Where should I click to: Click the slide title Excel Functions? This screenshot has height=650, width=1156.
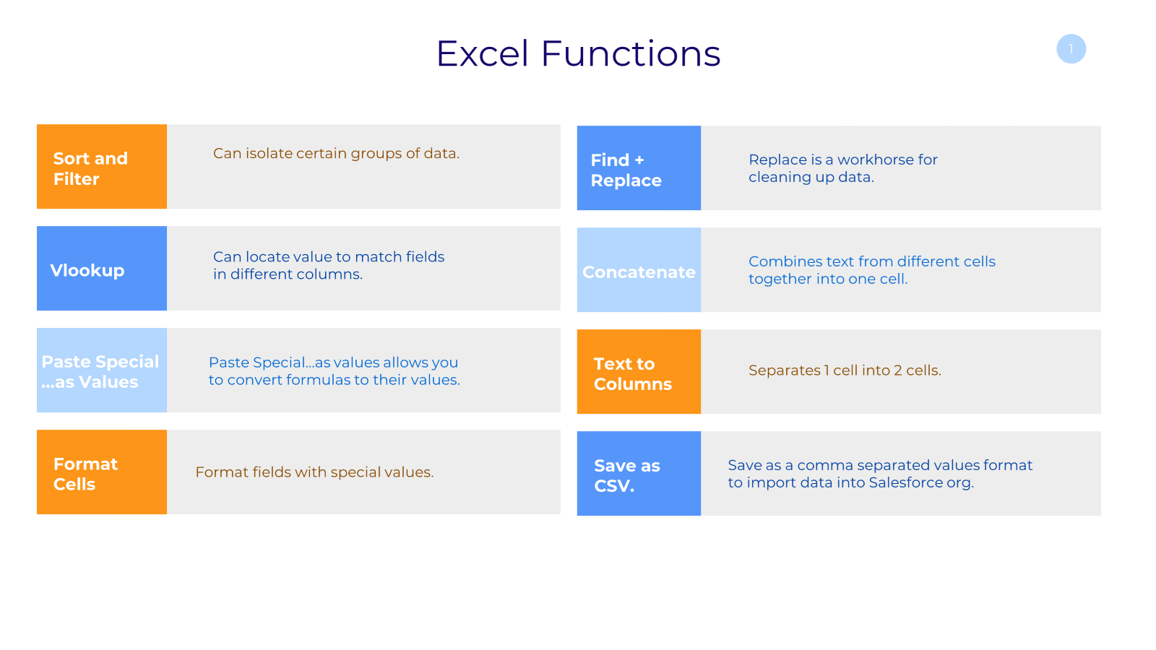[578, 53]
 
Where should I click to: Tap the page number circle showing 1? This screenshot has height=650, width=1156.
[1071, 49]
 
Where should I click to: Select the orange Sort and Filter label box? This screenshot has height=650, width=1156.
[102, 167]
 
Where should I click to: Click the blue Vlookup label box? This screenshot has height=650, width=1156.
[102, 268]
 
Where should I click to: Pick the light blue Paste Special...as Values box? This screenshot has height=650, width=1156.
[102, 370]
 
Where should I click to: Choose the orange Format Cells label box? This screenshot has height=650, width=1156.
[102, 472]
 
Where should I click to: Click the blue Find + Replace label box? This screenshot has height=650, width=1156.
[639, 168]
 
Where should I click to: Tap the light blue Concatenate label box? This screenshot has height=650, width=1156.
[639, 270]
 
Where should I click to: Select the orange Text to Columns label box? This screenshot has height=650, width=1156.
[639, 371]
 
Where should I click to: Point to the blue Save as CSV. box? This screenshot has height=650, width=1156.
[639, 474]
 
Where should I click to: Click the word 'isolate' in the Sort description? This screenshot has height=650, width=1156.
[269, 153]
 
